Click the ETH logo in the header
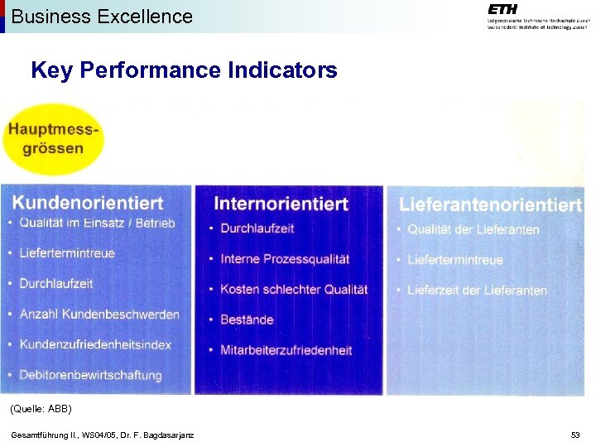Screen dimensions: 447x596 click(502, 9)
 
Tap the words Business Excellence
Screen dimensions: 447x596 click(102, 17)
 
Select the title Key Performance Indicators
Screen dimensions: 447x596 click(184, 70)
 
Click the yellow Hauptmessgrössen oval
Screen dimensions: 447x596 click(54, 139)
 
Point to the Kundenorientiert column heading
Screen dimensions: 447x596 click(88, 202)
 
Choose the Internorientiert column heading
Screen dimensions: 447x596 click(281, 204)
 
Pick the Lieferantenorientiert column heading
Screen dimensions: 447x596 click(490, 204)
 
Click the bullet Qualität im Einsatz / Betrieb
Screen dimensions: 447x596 click(97, 223)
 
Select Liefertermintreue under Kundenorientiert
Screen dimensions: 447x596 click(67, 253)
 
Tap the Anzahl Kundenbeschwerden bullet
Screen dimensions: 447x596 click(99, 315)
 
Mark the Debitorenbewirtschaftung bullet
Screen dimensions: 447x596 click(90, 375)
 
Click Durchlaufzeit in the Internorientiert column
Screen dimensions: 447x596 click(257, 228)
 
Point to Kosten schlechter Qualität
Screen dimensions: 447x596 click(294, 289)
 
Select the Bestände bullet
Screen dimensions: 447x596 click(247, 320)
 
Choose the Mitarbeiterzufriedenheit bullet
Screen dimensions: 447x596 click(286, 350)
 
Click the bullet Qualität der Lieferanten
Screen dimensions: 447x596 click(473, 229)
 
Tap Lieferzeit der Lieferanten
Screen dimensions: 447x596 click(477, 291)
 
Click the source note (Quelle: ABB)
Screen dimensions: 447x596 click(41, 409)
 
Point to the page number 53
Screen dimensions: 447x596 click(575, 435)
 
